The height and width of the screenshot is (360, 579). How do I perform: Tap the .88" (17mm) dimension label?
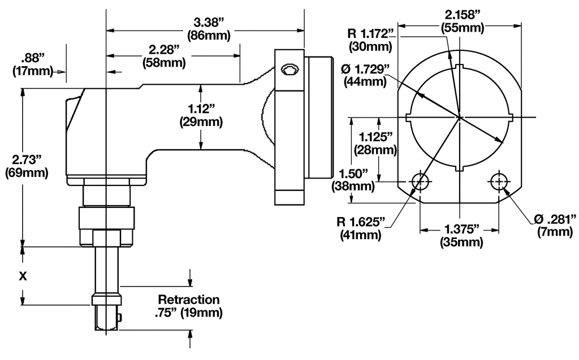click(32, 64)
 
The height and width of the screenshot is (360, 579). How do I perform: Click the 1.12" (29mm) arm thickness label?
click(201, 115)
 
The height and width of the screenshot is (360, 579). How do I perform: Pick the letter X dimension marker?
click(23, 276)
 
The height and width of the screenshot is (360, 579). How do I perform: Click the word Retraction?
click(189, 299)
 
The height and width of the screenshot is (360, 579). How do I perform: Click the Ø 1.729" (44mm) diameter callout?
click(364, 75)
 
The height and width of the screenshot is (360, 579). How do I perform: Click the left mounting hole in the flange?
click(420, 182)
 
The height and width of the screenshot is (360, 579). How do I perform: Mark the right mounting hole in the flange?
click(499, 182)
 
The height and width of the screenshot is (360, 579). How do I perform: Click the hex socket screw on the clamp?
click(291, 70)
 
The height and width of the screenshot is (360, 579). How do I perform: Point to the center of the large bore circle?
click(460, 117)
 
